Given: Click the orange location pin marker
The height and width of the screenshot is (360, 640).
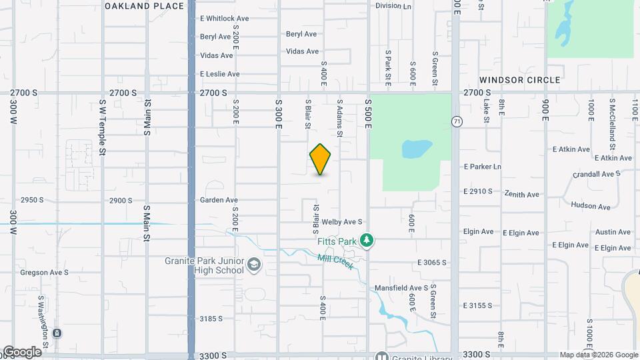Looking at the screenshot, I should click(321, 159).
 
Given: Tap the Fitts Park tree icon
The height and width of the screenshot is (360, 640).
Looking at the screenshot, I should click(365, 239).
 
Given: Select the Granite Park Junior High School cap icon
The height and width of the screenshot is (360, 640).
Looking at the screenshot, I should click(253, 266).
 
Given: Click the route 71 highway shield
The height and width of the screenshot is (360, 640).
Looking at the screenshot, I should click(457, 121).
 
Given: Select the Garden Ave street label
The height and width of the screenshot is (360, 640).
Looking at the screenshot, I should click(219, 200).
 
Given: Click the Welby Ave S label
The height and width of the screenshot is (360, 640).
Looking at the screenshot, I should click(341, 222).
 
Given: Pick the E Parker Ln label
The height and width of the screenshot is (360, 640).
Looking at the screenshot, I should click(482, 167).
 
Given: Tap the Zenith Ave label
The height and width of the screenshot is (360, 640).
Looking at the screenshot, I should click(522, 195).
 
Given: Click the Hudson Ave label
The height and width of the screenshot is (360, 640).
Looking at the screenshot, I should click(591, 207).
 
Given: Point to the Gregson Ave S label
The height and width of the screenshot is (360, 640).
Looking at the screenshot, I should click(44, 273).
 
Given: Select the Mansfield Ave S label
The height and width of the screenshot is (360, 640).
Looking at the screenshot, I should click(401, 288).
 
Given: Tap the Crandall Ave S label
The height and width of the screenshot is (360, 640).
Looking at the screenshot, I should click(597, 174).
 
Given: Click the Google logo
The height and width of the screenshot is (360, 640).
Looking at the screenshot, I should click(21, 351).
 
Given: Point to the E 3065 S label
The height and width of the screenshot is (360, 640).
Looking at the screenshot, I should click(431, 263).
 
